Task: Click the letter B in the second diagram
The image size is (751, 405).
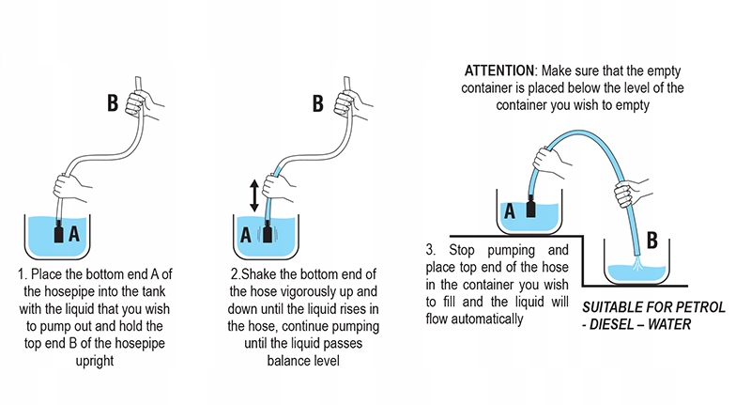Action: (x=317, y=101)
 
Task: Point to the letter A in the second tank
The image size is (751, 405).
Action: (x=246, y=234)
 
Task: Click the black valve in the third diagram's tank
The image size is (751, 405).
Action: (x=531, y=209)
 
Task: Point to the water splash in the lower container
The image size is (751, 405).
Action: (x=637, y=271)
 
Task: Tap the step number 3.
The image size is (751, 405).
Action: (x=430, y=252)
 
